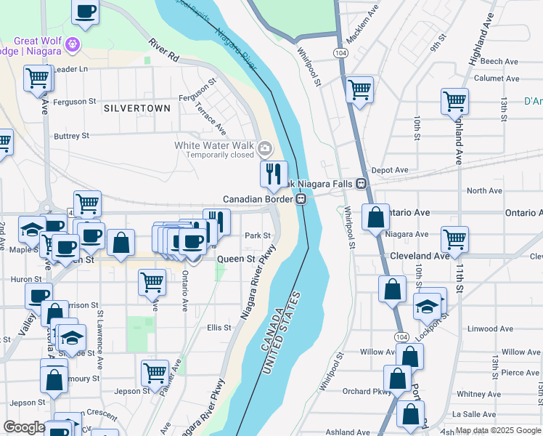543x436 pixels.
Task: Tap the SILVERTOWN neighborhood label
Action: pyautogui.click(x=137, y=108)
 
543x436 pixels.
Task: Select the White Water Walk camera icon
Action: pyautogui.click(x=264, y=149)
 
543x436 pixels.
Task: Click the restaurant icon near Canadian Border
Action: pyautogui.click(x=274, y=174)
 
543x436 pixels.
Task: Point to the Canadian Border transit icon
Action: pyautogui.click(x=300, y=198)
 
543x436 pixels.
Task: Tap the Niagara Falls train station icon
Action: pyautogui.click(x=360, y=185)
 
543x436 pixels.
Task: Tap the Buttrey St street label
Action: pyautogui.click(x=71, y=136)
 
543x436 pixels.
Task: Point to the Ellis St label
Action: pyautogui.click(x=219, y=328)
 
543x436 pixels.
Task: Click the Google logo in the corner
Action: pyautogui.click(x=24, y=428)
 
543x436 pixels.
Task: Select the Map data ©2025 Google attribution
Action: pyautogui.click(x=497, y=430)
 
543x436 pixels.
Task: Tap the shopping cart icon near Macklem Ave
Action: pyautogui.click(x=359, y=90)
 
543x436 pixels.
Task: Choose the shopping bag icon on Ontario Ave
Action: pyautogui.click(x=375, y=217)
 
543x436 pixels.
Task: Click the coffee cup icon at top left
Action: pyautogui.click(x=86, y=12)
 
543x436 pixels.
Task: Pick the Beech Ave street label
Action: pyautogui.click(x=498, y=62)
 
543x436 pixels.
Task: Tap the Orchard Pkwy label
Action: pyautogui.click(x=367, y=392)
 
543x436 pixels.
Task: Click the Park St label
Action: pyautogui.click(x=257, y=235)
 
